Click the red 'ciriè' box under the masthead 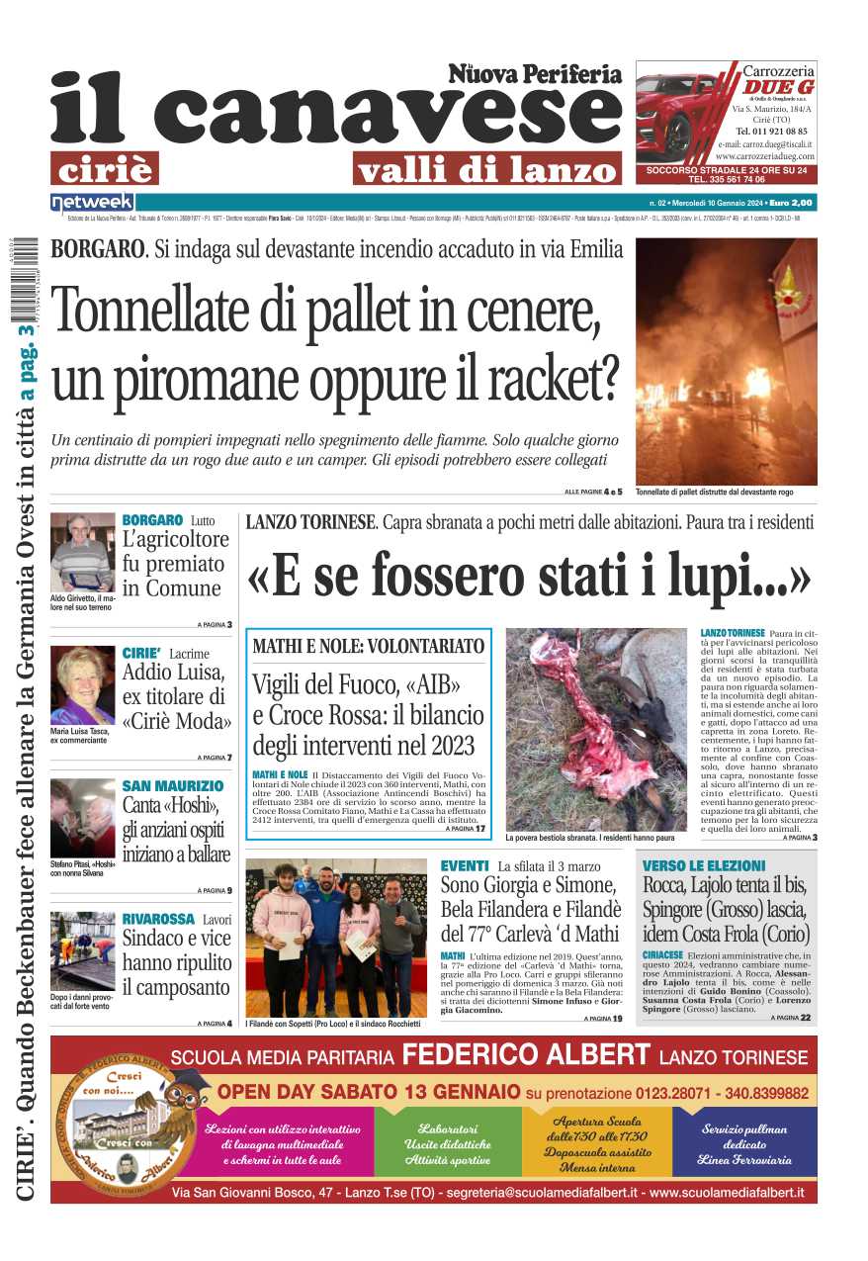[x=104, y=169]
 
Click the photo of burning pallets [x=726, y=361]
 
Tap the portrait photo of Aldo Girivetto [x=83, y=552]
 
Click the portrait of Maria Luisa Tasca [x=83, y=685]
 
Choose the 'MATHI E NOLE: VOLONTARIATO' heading [x=369, y=647]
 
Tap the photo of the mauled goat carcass [x=596, y=729]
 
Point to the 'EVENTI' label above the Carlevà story [x=465, y=865]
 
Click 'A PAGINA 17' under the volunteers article [x=466, y=829]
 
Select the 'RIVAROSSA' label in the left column [x=158, y=920]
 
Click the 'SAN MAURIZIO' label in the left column [x=173, y=786]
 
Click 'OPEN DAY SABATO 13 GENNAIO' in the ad [x=369, y=1093]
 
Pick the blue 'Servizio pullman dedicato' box [x=744, y=1143]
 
